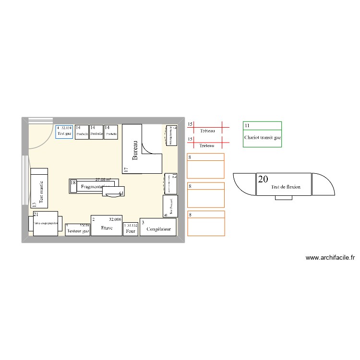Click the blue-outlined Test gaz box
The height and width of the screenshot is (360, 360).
tap(64, 132)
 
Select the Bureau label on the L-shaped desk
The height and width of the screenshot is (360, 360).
tap(135, 150)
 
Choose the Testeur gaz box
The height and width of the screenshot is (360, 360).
tap(78, 231)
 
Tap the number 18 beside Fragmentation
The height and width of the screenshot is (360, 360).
tap(73, 183)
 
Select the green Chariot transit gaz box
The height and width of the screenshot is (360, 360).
tap(262, 134)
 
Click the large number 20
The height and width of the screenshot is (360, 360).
tap(263, 180)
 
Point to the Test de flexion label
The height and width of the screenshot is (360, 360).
tap(286, 187)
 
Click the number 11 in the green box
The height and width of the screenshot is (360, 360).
tap(247, 126)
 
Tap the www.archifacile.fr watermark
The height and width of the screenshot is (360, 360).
tap(330, 258)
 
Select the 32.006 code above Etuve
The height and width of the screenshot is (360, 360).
tap(115, 219)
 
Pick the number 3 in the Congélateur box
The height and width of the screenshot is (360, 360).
tap(143, 222)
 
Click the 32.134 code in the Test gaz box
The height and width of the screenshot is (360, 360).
tap(67, 128)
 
